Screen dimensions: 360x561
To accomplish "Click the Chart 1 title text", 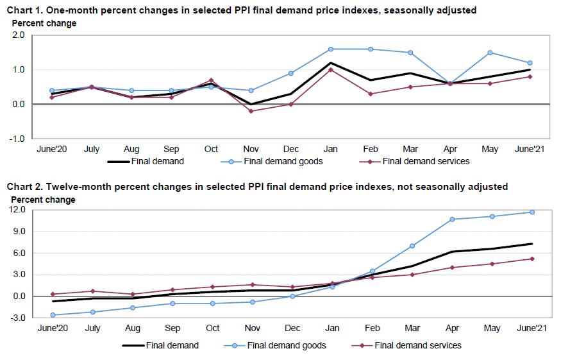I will pyautogui.click(x=242, y=10).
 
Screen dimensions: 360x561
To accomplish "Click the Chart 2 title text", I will pyautogui.click(x=256, y=187).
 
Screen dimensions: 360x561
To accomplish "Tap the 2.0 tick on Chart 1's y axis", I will pyautogui.click(x=19, y=35).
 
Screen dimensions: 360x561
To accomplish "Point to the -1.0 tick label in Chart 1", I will pyautogui.click(x=17, y=139).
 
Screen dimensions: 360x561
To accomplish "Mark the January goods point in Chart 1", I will pyautogui.click(x=331, y=49).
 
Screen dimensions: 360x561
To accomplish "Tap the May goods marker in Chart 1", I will pyautogui.click(x=490, y=53).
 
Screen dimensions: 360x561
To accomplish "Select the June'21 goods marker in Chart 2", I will pyautogui.click(x=532, y=212).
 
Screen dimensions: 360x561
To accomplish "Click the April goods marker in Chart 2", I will pyautogui.click(x=452, y=219).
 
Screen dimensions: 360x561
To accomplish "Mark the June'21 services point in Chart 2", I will pyautogui.click(x=532, y=259).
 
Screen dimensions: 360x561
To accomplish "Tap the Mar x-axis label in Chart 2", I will pyautogui.click(x=412, y=329).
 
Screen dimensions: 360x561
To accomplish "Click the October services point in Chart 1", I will pyautogui.click(x=211, y=80).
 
